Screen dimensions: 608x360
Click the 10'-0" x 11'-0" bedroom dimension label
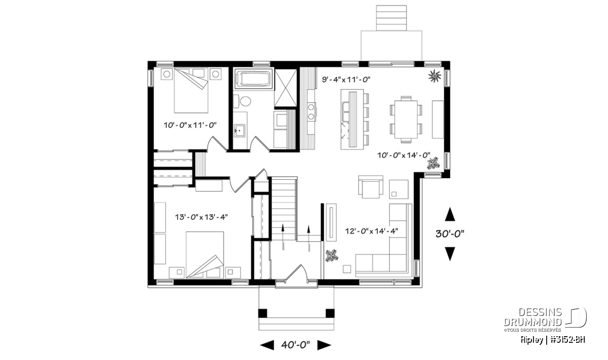tap(190, 125)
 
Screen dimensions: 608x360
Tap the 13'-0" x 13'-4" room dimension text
tap(202, 217)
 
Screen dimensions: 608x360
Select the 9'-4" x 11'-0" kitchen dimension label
tap(346, 79)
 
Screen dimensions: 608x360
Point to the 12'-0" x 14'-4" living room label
tap(371, 231)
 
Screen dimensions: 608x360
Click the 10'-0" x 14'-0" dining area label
tap(404, 155)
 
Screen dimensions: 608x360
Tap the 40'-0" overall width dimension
tap(295, 345)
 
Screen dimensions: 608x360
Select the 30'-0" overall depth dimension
tap(450, 233)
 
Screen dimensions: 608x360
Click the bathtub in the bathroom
tap(253, 79)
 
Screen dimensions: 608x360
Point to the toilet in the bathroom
tap(242, 101)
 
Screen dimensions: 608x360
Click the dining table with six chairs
tap(406, 119)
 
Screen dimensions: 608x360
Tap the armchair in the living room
tap(371, 187)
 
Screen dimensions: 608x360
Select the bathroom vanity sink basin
tap(240, 131)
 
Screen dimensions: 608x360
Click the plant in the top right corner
tap(435, 76)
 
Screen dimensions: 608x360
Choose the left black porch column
tap(262, 313)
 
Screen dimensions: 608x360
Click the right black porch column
tap(330, 313)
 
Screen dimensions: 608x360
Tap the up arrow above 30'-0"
tap(450, 214)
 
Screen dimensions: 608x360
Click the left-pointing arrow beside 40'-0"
tap(267, 345)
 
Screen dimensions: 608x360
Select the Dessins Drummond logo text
tap(533, 317)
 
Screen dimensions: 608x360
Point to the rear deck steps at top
tap(391, 18)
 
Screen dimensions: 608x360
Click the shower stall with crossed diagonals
tap(285, 88)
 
